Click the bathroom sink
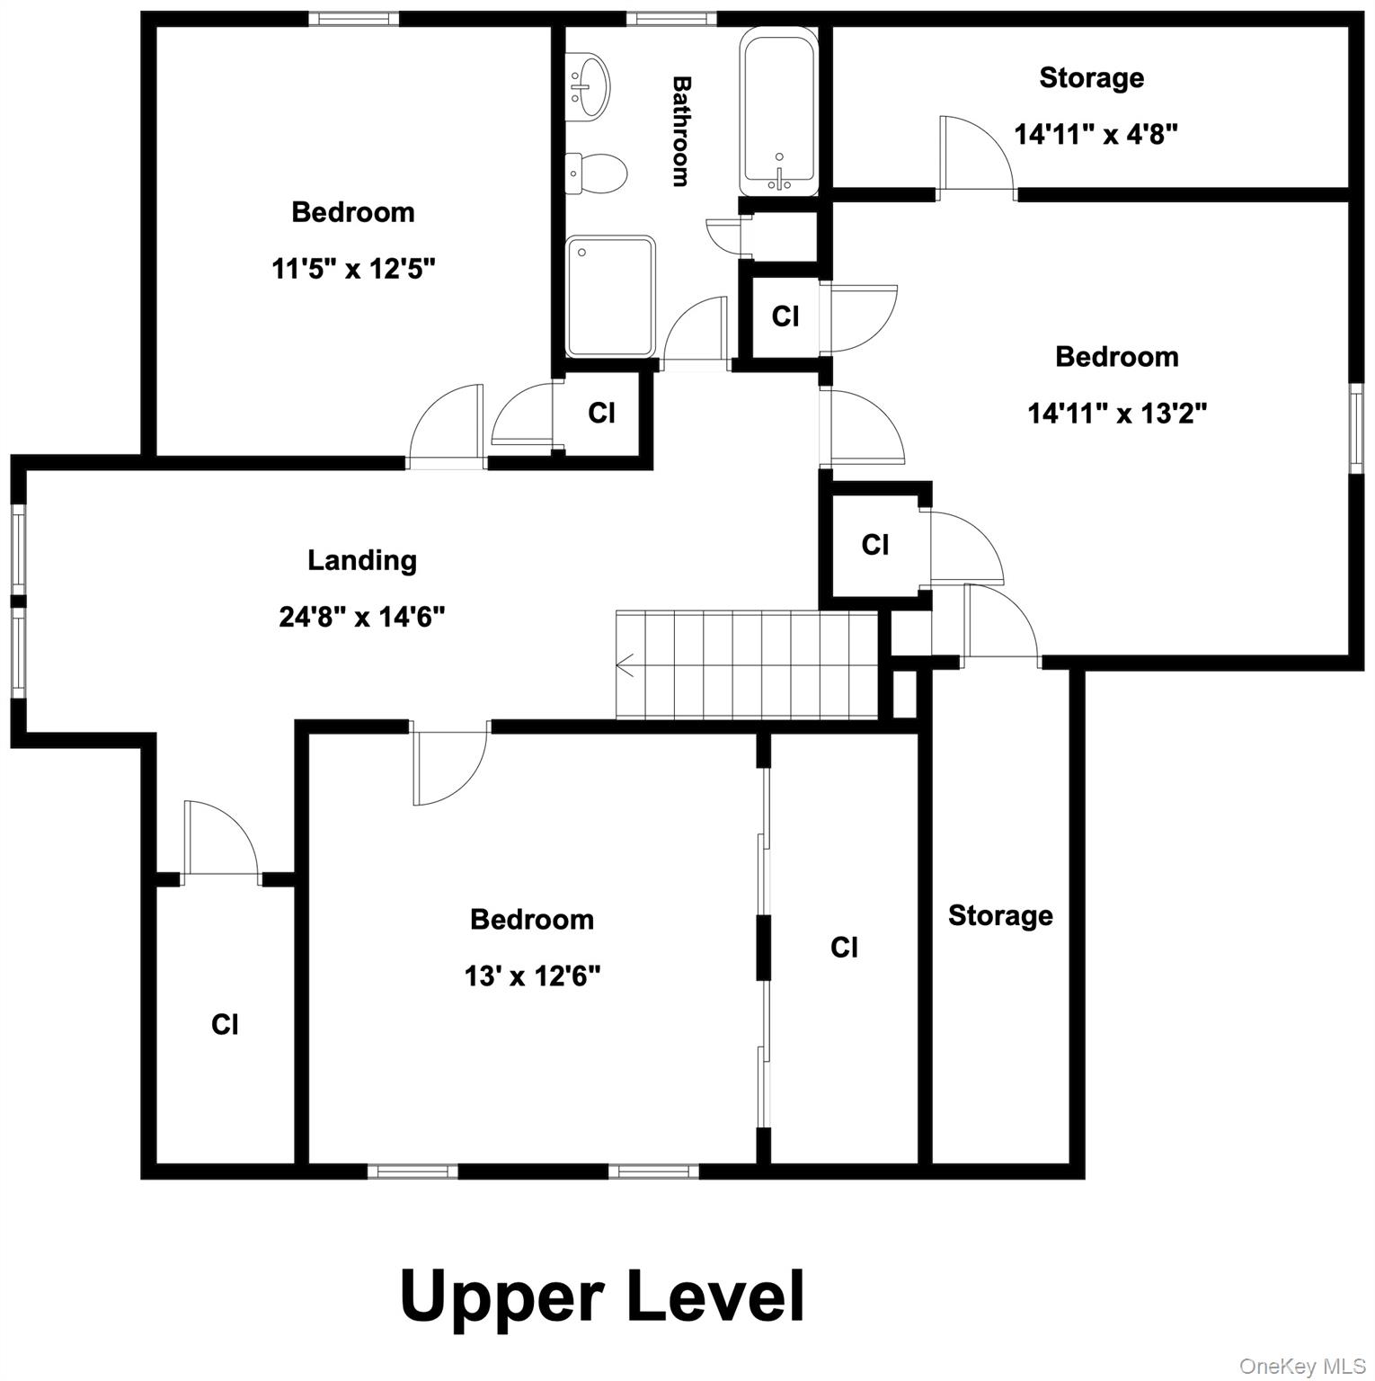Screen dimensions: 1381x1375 (590, 86)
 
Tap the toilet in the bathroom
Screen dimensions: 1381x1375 (599, 174)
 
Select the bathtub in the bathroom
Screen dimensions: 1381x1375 (779, 112)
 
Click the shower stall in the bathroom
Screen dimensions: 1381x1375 (610, 296)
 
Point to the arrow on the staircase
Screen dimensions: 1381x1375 (625, 666)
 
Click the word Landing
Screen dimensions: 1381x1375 (362, 560)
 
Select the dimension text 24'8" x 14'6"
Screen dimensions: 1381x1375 (362, 617)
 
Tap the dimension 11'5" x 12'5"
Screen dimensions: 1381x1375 (353, 268)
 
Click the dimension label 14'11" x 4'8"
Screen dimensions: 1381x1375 (1096, 134)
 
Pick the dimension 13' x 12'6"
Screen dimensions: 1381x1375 (532, 976)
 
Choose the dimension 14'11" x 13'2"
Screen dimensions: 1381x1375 (1117, 413)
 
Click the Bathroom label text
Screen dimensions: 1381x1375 (682, 131)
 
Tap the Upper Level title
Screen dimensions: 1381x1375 (601, 1296)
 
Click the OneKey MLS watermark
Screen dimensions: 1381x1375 (1302, 1366)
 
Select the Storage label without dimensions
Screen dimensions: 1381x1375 (1000, 915)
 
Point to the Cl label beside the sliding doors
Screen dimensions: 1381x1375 (844, 947)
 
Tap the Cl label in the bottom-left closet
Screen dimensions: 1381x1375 (225, 1024)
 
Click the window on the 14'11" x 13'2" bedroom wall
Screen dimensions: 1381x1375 (1356, 428)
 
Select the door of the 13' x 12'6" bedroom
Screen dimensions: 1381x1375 (449, 764)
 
